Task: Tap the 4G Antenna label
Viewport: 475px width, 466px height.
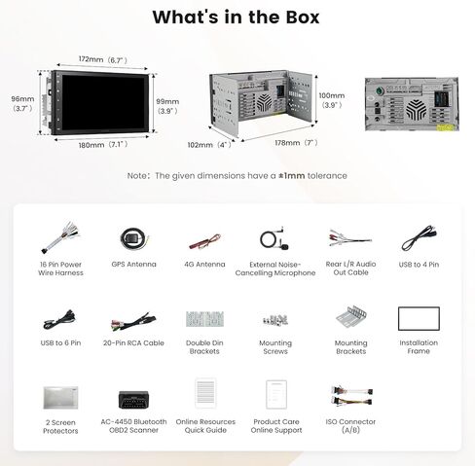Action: pos(204,265)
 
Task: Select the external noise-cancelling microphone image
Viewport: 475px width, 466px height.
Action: pos(274,238)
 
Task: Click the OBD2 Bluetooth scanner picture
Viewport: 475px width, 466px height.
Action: pos(133,400)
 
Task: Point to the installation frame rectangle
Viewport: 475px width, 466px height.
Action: pos(419,307)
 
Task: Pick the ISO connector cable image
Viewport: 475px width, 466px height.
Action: pos(351,396)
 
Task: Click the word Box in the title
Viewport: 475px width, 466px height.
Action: pos(303,18)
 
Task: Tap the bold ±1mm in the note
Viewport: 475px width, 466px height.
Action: pos(292,176)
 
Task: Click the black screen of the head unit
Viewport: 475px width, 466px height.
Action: pos(103,103)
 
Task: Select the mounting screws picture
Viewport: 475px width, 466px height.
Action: pos(275,319)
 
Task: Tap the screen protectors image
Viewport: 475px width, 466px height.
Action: pos(60,398)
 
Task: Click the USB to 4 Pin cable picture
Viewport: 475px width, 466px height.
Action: pos(419,238)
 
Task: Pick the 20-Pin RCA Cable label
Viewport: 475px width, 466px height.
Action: pos(133,342)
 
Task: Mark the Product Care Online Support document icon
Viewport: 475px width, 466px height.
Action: pos(276,395)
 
